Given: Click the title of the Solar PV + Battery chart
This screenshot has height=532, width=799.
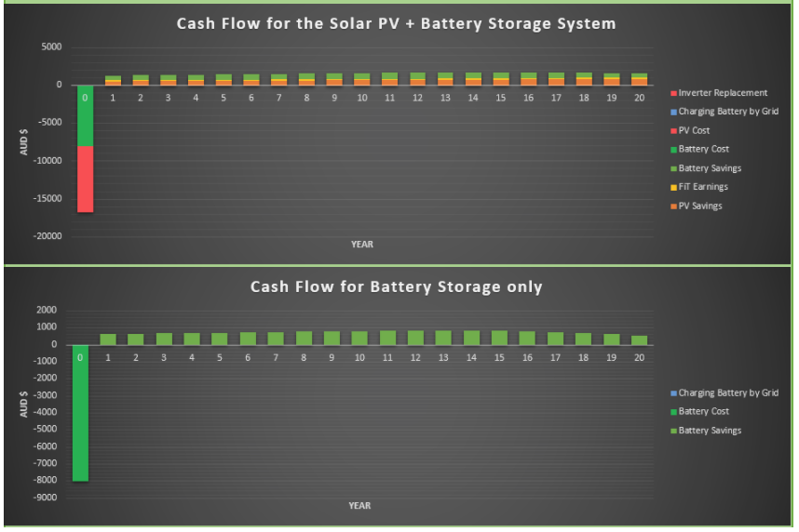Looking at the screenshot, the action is [x=396, y=24].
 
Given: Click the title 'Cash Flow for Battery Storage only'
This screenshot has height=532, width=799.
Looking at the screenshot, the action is [x=396, y=286].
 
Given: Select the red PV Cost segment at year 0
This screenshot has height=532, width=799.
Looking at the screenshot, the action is [x=85, y=180].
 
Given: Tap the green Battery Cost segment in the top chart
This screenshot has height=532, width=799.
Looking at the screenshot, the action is [x=85, y=115].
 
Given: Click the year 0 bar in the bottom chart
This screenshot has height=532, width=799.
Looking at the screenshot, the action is [x=80, y=413].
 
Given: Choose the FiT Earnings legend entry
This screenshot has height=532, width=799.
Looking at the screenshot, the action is [x=699, y=187].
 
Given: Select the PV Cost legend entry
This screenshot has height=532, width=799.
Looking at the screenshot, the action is [x=690, y=130].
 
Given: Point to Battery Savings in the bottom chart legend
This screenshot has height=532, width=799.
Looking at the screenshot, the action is [x=706, y=431].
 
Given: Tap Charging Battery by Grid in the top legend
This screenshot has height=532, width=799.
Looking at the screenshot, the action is [x=725, y=112].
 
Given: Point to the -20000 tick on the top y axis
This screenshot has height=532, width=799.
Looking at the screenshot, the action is [x=47, y=236].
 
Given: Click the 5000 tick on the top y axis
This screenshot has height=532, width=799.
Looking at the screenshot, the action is [x=51, y=47].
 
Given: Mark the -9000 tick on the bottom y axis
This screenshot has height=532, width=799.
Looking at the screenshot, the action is [x=46, y=498].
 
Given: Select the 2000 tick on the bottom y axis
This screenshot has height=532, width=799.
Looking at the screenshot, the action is [x=47, y=310].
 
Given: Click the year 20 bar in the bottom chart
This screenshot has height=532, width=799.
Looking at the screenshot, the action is [x=639, y=340].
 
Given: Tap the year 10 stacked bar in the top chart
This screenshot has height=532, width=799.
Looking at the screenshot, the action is [x=362, y=79].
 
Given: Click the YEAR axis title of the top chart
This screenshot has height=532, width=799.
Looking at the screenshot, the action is [x=362, y=245].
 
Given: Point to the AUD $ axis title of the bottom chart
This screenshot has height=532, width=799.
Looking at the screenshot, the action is [x=23, y=405].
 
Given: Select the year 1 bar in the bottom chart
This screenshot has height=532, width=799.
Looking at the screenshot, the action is [x=108, y=339].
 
